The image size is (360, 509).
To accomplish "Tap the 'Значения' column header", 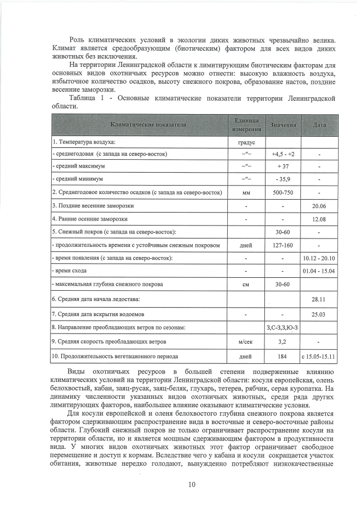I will (282, 124).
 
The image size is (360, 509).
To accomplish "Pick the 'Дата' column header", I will (318, 124).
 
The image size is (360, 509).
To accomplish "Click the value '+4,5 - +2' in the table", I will (282, 154).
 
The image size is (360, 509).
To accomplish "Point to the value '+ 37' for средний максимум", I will (282, 167).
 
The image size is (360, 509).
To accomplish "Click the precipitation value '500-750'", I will (282, 193).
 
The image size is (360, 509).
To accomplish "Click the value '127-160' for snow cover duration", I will (282, 245).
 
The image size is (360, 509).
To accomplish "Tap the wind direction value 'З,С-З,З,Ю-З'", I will (282, 327).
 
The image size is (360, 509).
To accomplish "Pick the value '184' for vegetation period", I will (282, 357).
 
